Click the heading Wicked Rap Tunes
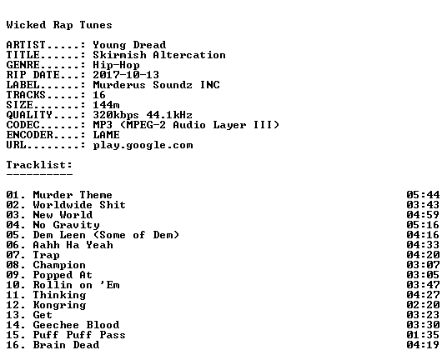point(59,25)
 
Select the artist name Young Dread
point(129,45)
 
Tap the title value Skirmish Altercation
point(159,55)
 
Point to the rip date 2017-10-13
point(126,75)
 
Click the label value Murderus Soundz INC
point(156,85)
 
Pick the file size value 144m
point(106,105)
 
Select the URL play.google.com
point(143,145)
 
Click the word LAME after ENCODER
point(106,135)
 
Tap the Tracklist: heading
point(39,165)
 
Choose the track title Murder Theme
point(73,195)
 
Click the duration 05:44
point(423,195)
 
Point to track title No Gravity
point(67,225)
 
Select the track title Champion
point(59,265)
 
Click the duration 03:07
point(423,265)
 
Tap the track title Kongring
point(59,305)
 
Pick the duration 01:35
point(423,335)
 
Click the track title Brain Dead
point(66,345)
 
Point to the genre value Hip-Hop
point(116,65)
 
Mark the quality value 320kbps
point(116,115)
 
